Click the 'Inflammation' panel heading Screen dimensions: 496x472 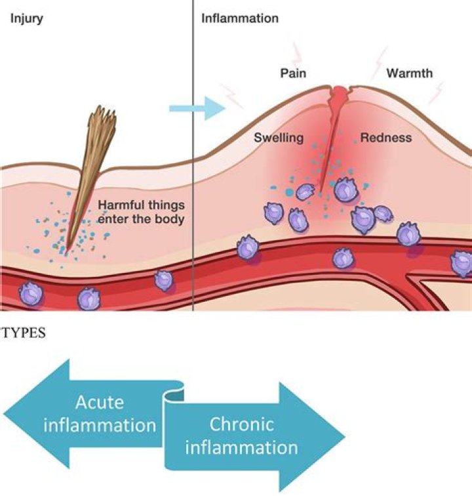[x=239, y=18]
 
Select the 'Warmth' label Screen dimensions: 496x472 [x=409, y=73]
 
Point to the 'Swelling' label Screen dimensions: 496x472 [x=279, y=138]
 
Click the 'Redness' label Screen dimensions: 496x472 [x=386, y=138]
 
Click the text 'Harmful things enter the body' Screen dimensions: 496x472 [x=141, y=212]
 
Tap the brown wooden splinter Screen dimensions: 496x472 [x=86, y=184]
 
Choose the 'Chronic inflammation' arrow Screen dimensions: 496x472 [x=256, y=436]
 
